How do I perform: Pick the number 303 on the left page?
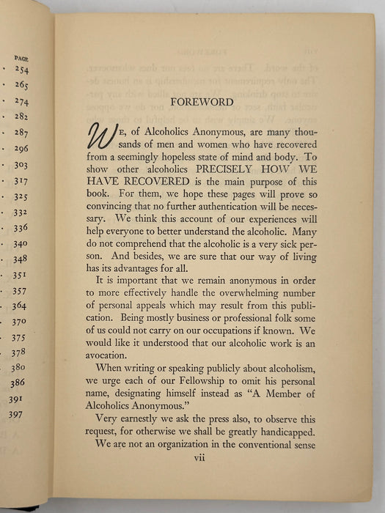(20, 166)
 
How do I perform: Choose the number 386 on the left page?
(17, 383)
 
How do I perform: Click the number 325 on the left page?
(20, 197)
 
